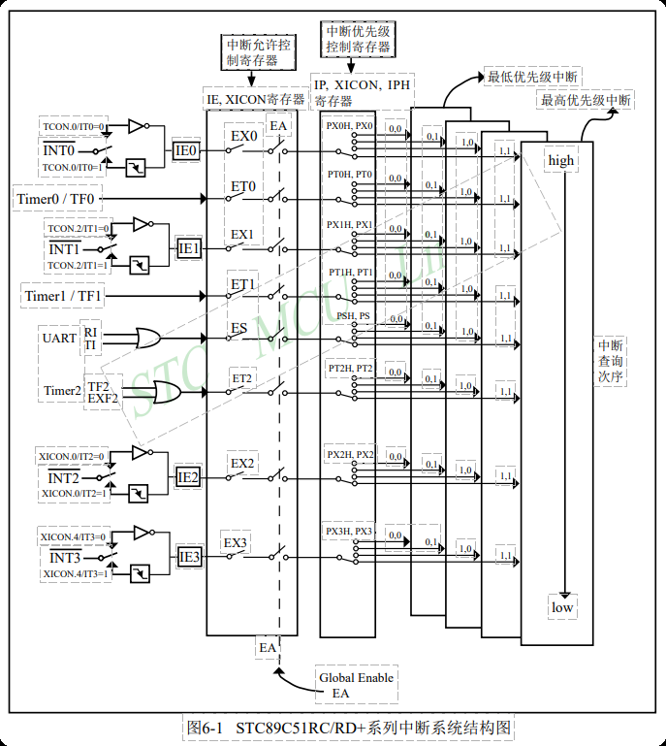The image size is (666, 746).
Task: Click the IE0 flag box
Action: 186,150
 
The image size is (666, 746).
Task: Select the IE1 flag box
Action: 189,248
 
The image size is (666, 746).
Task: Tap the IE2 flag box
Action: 188,477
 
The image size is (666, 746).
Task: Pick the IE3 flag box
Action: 189,557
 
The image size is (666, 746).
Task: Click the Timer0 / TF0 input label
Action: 57,199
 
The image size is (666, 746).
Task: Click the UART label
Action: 58,339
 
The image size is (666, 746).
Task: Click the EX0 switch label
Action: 243,136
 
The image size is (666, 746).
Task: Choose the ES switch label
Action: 238,328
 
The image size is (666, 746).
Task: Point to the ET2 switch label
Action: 241,377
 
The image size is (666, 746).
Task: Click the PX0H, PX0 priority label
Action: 349,126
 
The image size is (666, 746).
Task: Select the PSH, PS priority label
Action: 353,316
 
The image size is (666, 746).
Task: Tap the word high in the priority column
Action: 561,160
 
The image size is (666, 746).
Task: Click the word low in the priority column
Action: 562,608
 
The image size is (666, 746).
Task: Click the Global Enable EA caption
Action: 356,685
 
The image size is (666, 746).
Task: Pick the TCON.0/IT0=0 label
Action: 72,127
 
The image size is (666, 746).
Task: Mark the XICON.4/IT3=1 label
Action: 75,574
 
